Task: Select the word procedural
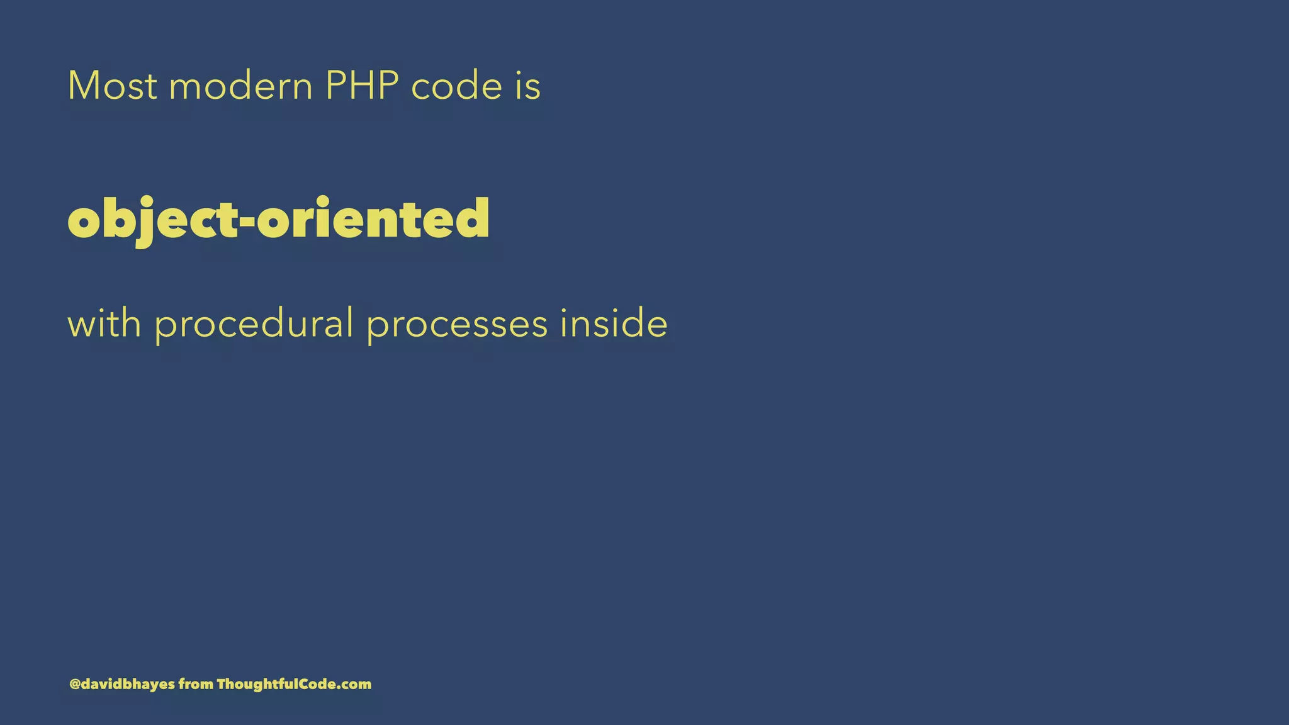coord(254,325)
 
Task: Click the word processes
coord(457,325)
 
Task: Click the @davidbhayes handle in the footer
coord(122,684)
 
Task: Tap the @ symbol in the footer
coord(74,684)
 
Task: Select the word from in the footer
coord(196,684)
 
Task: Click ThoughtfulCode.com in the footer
coord(294,684)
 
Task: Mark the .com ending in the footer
coord(357,685)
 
